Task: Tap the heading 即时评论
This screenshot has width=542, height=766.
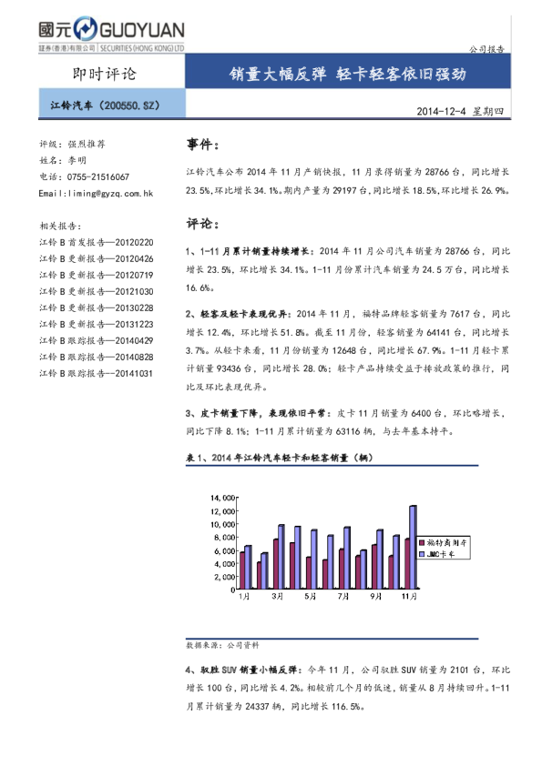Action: (103, 74)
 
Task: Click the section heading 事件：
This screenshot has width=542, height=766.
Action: (202, 146)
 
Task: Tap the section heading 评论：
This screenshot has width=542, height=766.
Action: (202, 223)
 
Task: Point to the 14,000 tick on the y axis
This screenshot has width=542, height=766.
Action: (222, 498)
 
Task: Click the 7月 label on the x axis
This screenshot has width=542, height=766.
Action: (343, 597)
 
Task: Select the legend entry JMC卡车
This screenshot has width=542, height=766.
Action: (450, 554)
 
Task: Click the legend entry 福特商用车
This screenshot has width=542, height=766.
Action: (450, 542)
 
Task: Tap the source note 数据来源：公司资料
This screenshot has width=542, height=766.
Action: (221, 644)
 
